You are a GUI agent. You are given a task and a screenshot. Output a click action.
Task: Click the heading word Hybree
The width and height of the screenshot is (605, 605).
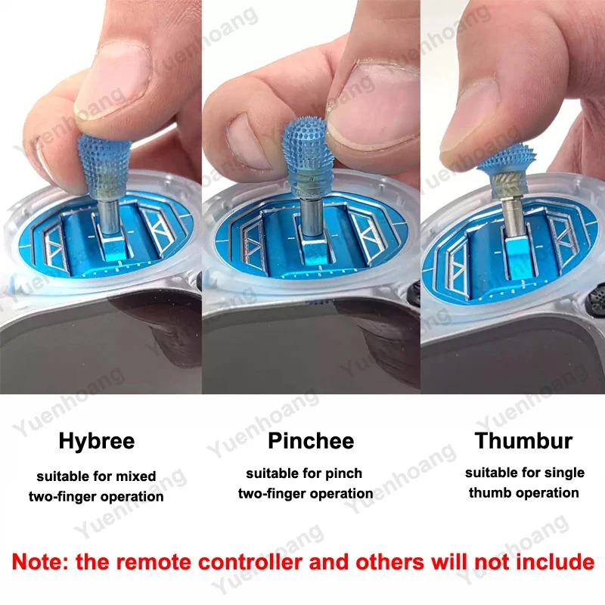97,442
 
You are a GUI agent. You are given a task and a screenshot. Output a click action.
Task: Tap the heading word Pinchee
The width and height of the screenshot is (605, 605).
311,441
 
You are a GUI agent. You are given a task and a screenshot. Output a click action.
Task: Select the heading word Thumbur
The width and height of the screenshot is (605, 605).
523,441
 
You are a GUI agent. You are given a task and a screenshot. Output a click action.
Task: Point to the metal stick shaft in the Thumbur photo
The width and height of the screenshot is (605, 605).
513,218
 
